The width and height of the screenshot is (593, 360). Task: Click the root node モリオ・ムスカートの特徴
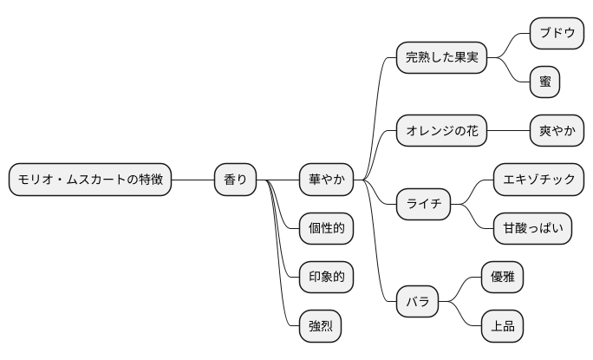(90, 180)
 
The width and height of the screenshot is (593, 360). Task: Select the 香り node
(235, 180)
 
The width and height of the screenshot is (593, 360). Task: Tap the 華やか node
(326, 180)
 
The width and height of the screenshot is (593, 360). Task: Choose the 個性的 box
(326, 229)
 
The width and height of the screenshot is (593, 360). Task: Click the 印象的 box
(326, 278)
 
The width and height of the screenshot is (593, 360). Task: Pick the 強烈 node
(319, 326)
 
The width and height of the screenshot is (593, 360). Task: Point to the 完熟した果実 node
(441, 58)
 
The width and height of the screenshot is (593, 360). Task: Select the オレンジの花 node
(441, 132)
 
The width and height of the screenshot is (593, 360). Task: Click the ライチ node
(423, 205)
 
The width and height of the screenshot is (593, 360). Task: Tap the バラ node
(417, 303)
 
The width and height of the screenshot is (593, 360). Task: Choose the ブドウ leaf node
(556, 34)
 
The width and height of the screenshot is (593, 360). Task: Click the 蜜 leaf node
(544, 82)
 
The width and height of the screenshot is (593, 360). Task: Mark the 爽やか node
(556, 132)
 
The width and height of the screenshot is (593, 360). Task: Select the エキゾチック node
(538, 180)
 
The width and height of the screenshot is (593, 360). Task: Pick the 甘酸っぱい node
(532, 229)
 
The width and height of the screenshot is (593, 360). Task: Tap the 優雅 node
(502, 278)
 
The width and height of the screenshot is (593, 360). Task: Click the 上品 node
(502, 326)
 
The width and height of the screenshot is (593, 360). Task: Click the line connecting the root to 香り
(192, 180)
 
